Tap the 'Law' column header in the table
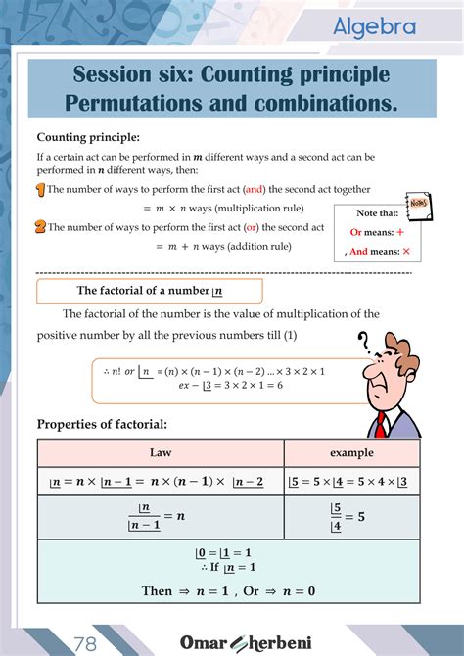[161, 453]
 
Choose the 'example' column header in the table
[351, 453]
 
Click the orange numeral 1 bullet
[40, 189]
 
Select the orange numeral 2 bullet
[40, 226]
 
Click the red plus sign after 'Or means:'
[400, 232]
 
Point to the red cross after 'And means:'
[405, 252]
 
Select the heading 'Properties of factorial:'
[102, 424]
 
